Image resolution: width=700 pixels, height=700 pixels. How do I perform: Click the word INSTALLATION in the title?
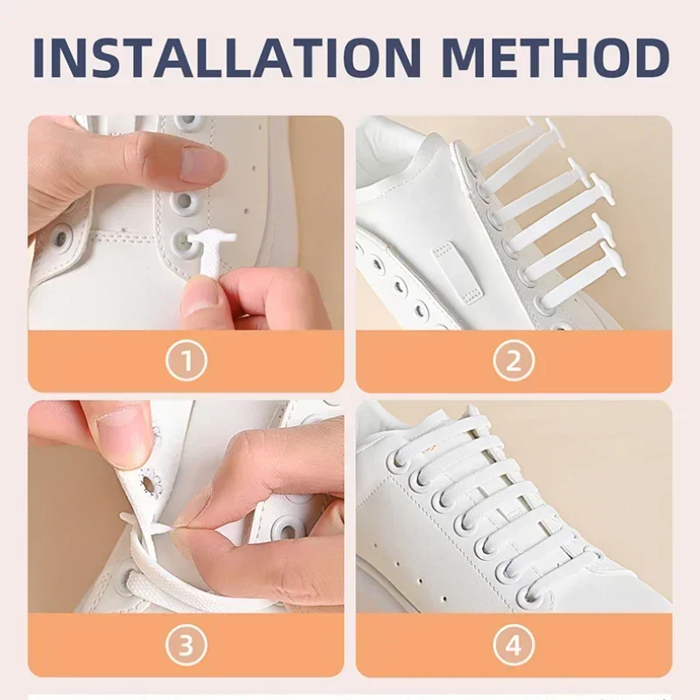click(x=227, y=58)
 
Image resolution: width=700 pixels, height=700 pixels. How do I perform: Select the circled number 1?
click(x=186, y=361)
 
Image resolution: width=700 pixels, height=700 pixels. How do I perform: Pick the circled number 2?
click(x=514, y=361)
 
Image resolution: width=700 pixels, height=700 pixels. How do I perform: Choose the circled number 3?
click(x=186, y=645)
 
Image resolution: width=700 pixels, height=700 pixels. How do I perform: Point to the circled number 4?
click(x=514, y=645)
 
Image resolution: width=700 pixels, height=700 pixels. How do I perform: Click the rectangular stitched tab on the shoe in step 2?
click(x=458, y=272)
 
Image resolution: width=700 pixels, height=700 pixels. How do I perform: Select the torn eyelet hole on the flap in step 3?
click(x=147, y=482)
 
